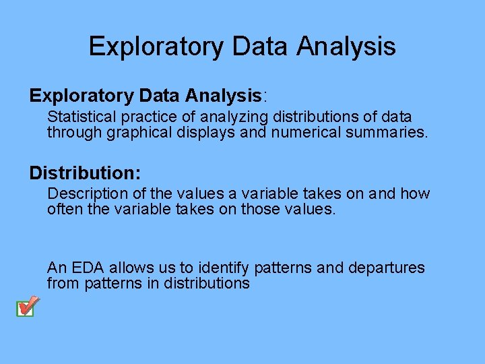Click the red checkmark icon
pyautogui.click(x=26, y=307)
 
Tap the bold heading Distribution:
pyautogui.click(x=85, y=173)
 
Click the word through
pyautogui.click(x=74, y=132)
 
